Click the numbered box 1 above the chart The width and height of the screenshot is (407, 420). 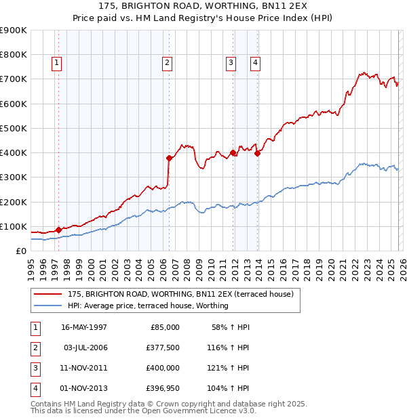(56, 63)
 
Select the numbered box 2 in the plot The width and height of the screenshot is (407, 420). (167, 63)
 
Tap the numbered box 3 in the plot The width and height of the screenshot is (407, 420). (231, 63)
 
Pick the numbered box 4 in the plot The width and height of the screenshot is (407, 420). (255, 63)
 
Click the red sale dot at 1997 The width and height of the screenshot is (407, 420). (58, 230)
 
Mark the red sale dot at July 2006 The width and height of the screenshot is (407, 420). (169, 158)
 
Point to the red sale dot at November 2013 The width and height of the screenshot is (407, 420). (258, 153)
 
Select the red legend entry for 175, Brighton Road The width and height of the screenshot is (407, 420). (180, 294)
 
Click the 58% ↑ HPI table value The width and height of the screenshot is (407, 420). (231, 327)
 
